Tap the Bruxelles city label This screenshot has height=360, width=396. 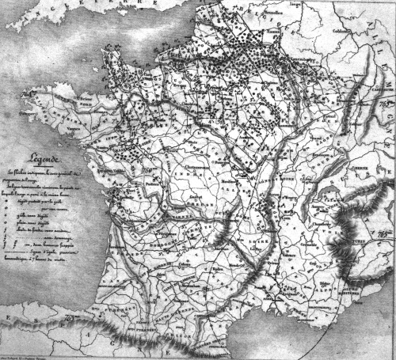coord(272,15)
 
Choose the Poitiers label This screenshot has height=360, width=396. coord(155,191)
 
